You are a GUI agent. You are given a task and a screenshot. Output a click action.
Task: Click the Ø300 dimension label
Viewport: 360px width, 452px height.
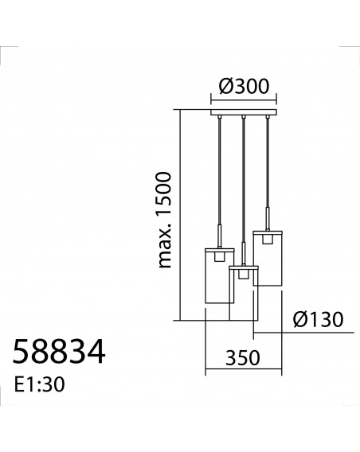click(244, 86)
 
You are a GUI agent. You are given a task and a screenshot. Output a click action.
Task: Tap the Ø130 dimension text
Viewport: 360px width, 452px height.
click(319, 320)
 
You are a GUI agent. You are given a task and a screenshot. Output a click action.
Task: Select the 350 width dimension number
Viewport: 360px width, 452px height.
click(243, 358)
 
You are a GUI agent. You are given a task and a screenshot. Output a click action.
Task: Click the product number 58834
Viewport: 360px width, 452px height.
click(59, 353)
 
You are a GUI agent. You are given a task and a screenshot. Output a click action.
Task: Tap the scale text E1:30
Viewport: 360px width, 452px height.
click(40, 384)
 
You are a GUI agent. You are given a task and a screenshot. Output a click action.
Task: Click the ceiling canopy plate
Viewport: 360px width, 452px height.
click(244, 112)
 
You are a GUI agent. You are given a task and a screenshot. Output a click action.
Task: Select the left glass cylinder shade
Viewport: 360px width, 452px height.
click(220, 276)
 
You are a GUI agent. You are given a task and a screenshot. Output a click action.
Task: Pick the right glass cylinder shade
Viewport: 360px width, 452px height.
click(268, 259)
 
